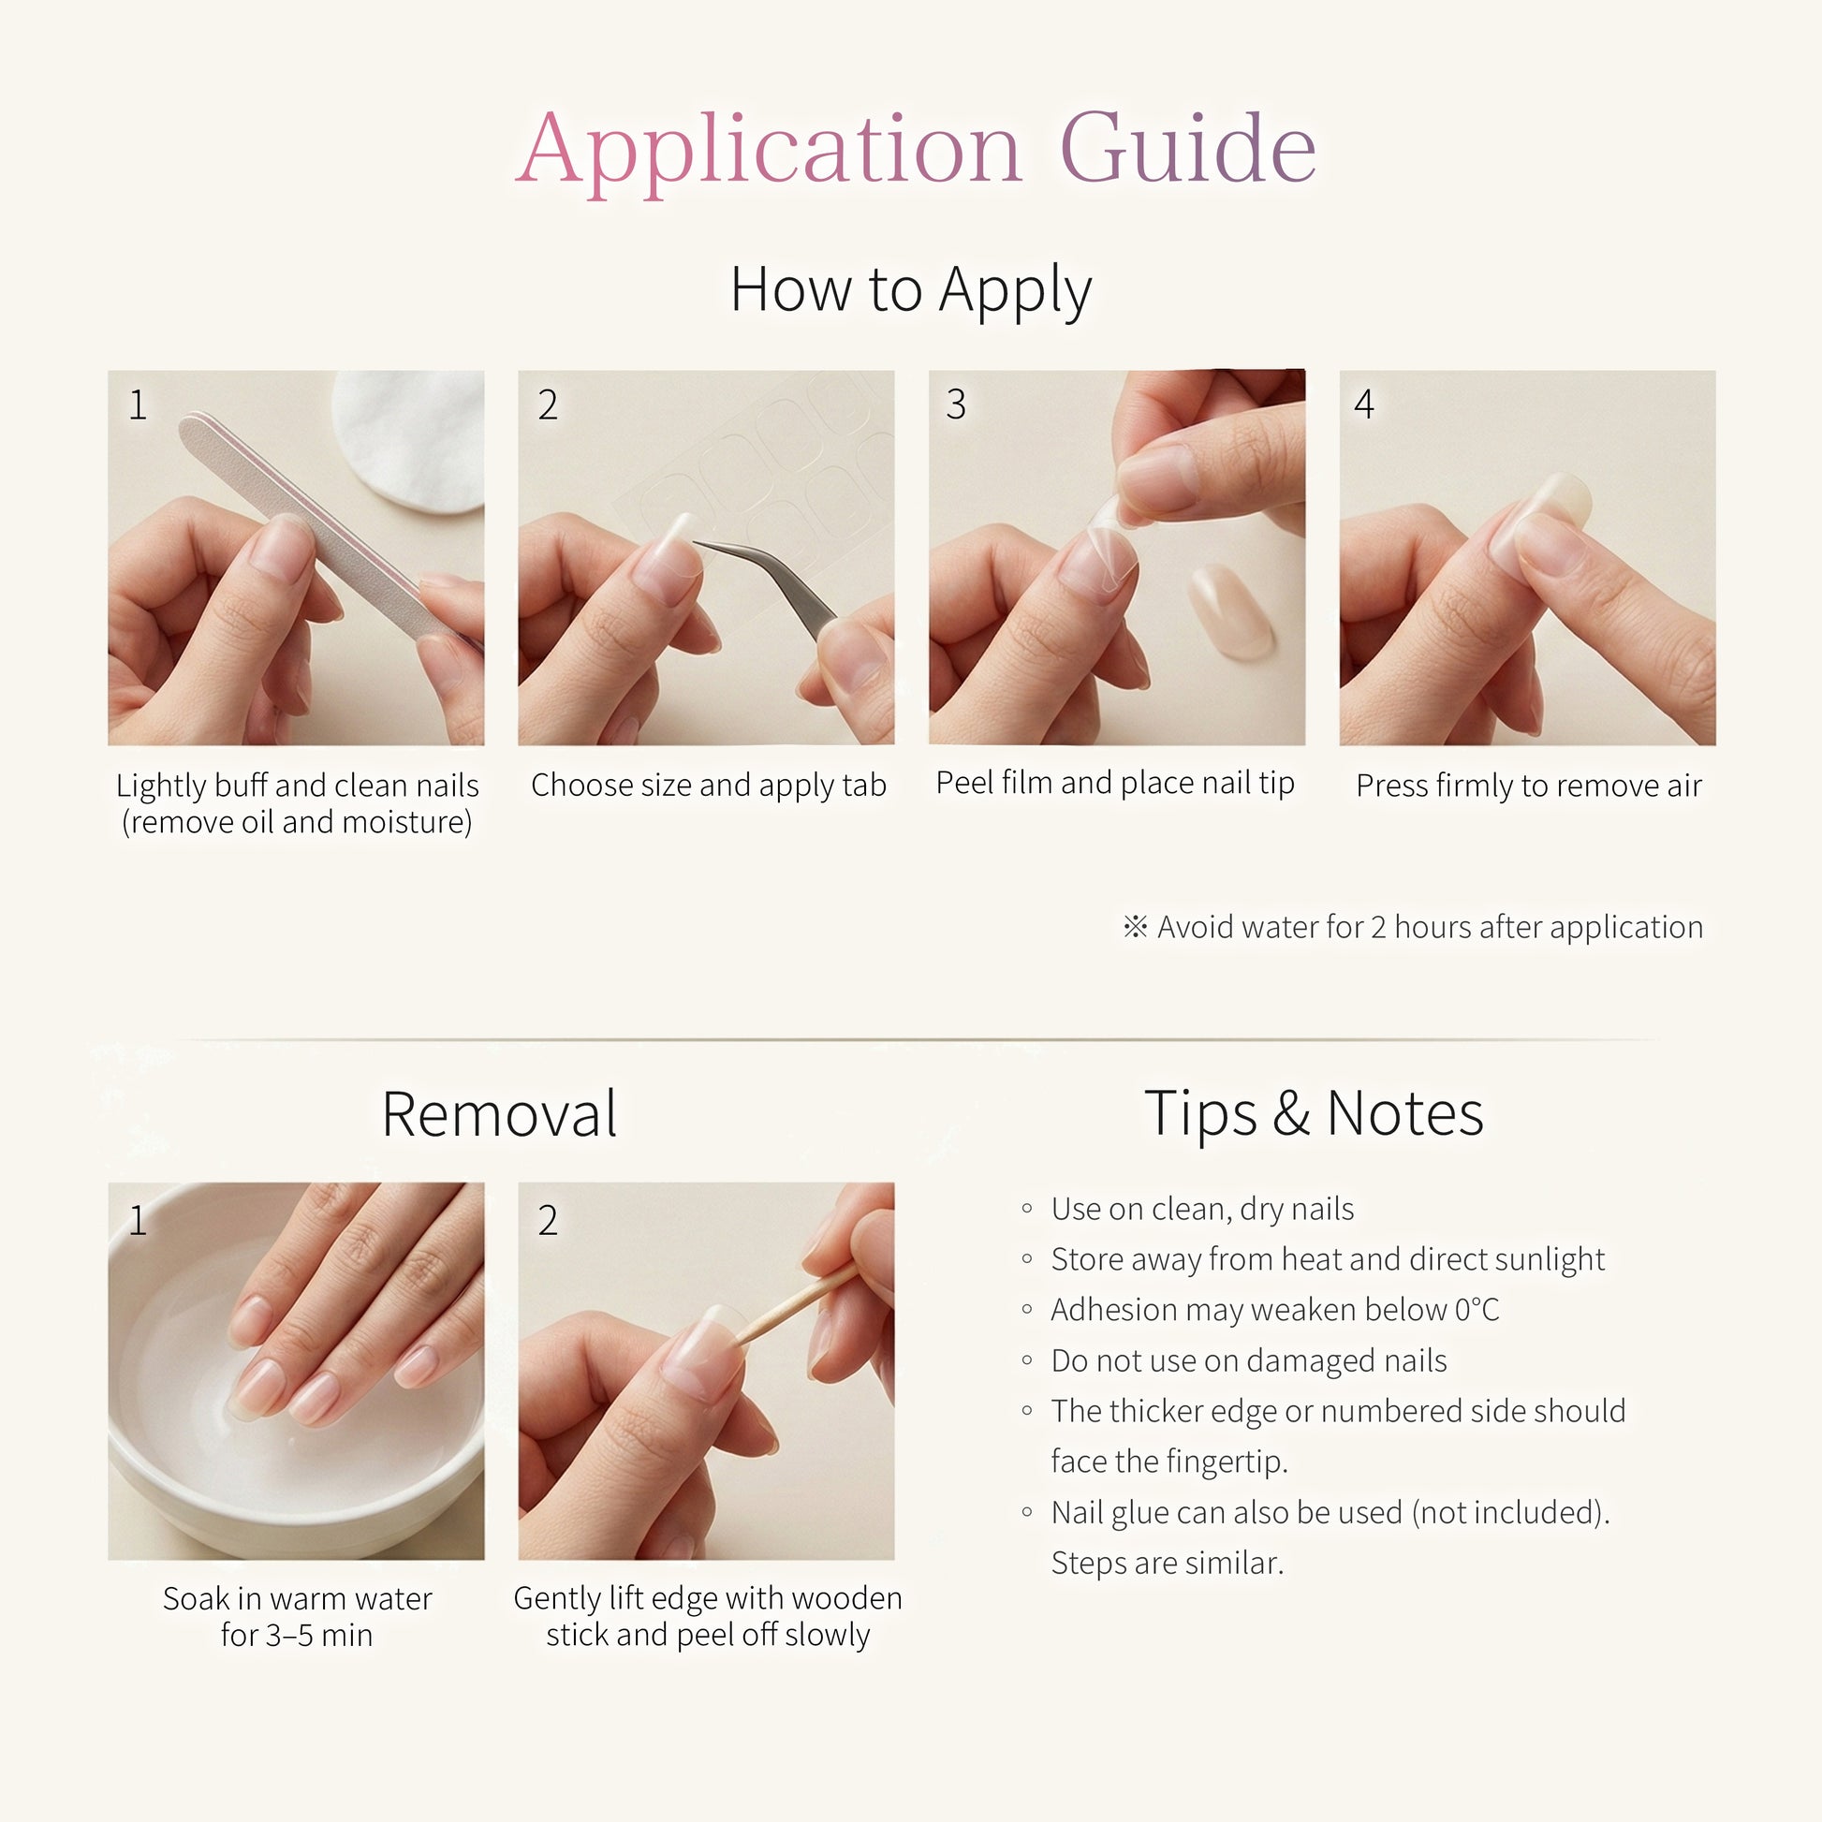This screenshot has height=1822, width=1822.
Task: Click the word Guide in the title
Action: pos(1188,148)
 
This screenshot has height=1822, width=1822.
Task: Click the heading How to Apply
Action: pos(911,290)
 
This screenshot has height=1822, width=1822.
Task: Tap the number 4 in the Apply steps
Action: pos(1363,404)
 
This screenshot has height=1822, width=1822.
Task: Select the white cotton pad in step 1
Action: pos(409,438)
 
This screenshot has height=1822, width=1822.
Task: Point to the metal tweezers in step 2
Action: pos(769,584)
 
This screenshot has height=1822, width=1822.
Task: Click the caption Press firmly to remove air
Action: pos(1528,786)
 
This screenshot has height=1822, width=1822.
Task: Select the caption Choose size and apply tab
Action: pos(708,786)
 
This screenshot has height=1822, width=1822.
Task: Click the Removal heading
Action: pos(499,1114)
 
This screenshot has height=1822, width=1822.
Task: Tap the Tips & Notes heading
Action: pos(1314,1114)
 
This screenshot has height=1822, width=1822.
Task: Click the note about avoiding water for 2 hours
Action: pos(1413,927)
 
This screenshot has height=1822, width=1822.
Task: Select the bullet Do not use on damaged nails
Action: pos(1249,1360)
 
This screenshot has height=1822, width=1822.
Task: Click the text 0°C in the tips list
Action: pos(1476,1310)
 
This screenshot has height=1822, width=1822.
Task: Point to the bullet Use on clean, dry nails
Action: pos(1202,1209)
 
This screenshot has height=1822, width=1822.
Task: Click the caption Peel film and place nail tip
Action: pos(1115,783)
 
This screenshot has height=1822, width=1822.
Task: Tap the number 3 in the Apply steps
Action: pos(955,404)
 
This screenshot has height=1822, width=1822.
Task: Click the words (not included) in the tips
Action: pos(1510,1513)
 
